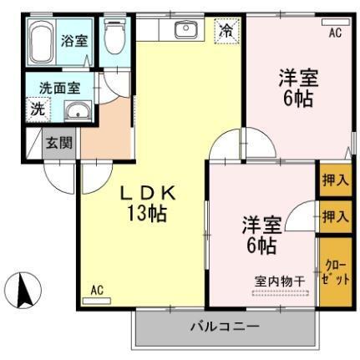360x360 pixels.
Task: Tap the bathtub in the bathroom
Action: coord(42,43)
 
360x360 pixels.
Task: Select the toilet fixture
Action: coord(114,38)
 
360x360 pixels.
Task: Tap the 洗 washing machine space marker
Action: coord(37,108)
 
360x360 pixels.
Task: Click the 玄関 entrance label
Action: coord(59,143)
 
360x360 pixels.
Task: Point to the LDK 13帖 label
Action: coord(150,202)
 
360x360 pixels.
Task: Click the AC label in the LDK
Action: coord(97,290)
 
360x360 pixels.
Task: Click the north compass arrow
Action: coord(26,290)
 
